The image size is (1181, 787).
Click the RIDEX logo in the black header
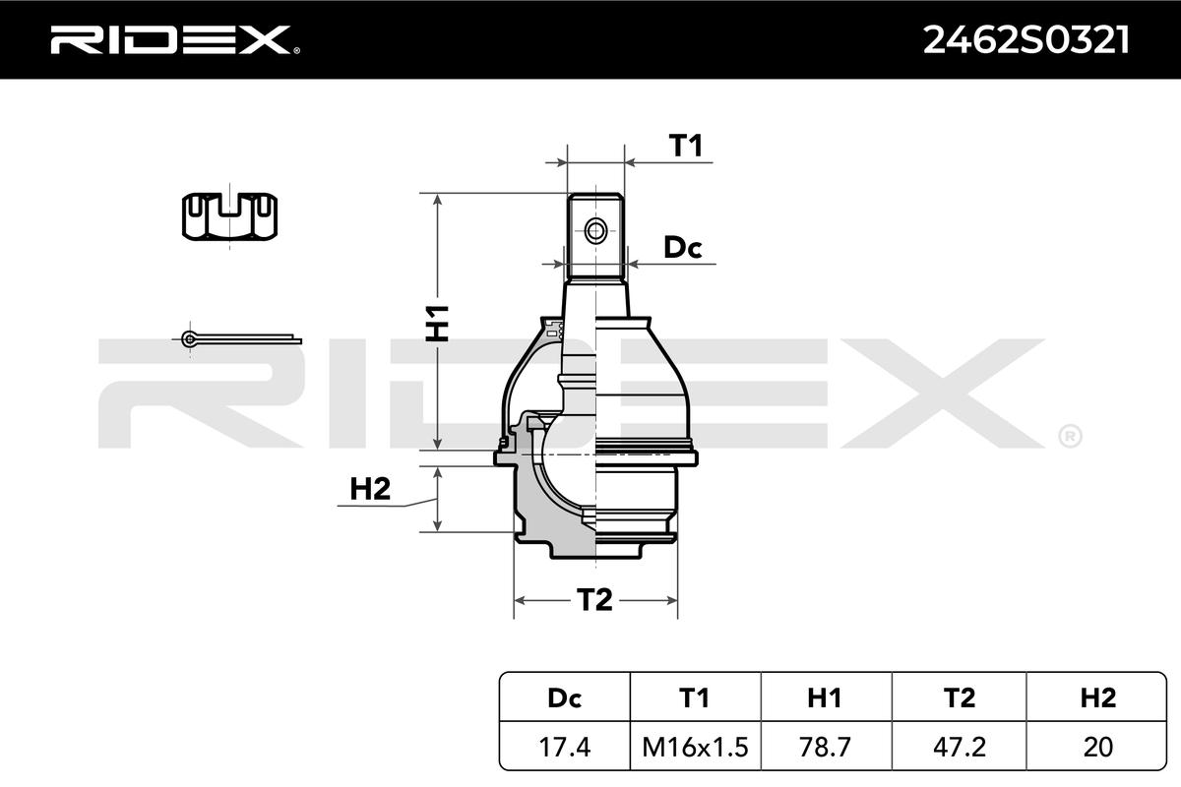pos(175,39)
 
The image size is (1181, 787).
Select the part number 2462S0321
pos(1026,40)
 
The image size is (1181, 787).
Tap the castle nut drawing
pos(229,216)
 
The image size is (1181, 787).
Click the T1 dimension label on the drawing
pos(685,146)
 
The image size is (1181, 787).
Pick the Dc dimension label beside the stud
pos(683,247)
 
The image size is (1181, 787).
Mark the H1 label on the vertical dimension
pos(437,323)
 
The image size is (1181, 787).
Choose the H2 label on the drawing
pos(370,489)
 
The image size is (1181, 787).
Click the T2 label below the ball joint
pos(594,600)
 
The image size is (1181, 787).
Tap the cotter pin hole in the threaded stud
pos(595,231)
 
